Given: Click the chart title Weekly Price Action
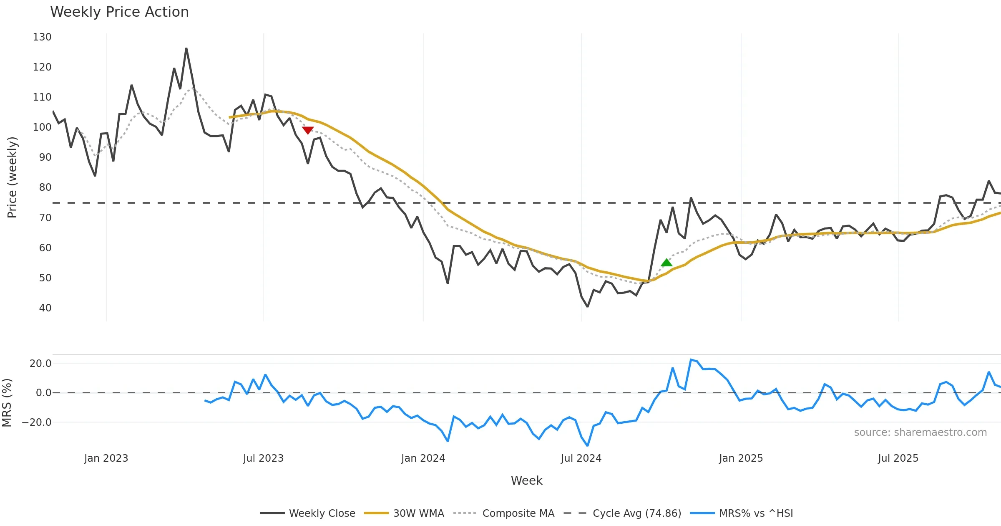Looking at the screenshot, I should [119, 12].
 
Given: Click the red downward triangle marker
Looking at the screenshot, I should [308, 130].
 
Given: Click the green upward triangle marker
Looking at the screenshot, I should [666, 263].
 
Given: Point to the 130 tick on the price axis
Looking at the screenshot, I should [42, 37].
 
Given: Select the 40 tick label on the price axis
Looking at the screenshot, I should [45, 308].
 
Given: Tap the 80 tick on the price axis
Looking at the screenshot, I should [45, 187].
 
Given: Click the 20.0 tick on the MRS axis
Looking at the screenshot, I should [40, 364].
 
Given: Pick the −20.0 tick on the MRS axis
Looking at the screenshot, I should [37, 422].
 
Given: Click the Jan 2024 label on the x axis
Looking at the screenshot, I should [423, 458].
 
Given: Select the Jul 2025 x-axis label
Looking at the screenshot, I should [898, 458].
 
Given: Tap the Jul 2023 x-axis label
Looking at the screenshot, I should [263, 458].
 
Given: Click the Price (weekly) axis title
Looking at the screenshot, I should [12, 177].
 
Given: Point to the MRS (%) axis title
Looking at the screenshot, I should [7, 403].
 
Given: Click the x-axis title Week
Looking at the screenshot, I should [526, 481].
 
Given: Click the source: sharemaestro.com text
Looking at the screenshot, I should [920, 432].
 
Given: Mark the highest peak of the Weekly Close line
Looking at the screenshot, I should [186, 48].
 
